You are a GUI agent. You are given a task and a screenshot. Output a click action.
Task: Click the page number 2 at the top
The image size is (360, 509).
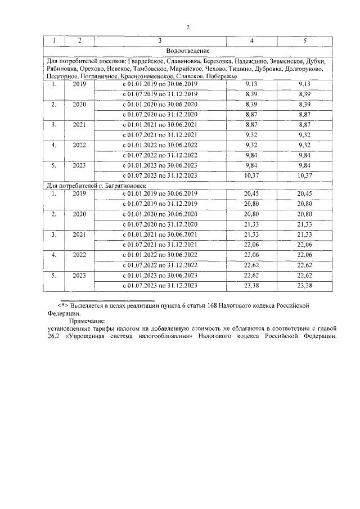point(188,26)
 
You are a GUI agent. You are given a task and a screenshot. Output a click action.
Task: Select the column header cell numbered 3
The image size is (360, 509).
point(160,41)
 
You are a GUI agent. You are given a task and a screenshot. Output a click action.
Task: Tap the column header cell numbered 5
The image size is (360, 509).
point(305,41)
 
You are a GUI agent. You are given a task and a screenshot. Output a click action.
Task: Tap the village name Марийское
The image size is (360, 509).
point(185,68)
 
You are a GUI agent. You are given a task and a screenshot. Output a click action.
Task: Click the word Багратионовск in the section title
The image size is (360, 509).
point(115,185)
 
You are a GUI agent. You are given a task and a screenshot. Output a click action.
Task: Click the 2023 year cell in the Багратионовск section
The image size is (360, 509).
point(80,276)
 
